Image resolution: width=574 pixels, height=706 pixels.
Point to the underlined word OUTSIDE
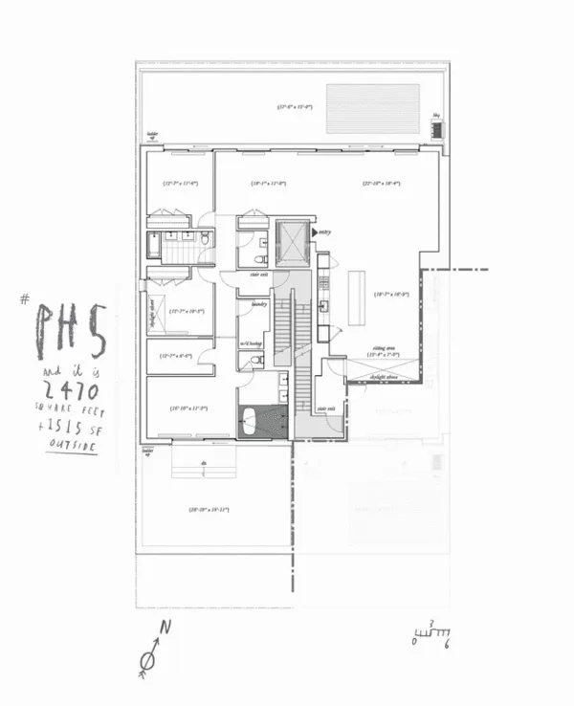click(x=73, y=446)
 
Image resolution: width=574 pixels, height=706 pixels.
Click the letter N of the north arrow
click(x=164, y=628)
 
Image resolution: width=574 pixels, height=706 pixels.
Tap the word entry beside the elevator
click(x=325, y=232)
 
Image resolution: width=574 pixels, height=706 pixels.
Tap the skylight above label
click(x=389, y=378)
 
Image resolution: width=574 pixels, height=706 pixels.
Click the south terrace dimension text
click(x=209, y=509)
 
